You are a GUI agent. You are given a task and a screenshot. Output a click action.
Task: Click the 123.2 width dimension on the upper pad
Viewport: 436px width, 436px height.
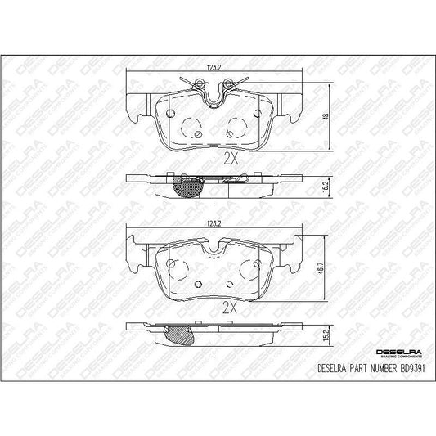click(214, 68)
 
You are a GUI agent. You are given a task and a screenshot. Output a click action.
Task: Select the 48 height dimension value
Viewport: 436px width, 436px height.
click(326, 116)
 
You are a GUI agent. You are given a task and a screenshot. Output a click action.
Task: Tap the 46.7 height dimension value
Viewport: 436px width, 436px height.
click(321, 267)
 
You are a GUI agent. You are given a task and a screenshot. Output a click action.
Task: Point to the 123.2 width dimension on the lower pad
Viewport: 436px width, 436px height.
click(214, 224)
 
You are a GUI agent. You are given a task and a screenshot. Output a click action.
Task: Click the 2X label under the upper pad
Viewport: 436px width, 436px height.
click(231, 159)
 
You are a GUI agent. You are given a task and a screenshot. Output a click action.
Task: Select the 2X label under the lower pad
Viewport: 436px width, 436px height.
click(230, 308)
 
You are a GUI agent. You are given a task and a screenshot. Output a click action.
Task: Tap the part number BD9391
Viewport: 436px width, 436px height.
click(412, 369)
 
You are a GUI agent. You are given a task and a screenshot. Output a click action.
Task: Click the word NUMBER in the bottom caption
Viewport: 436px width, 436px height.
click(383, 369)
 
